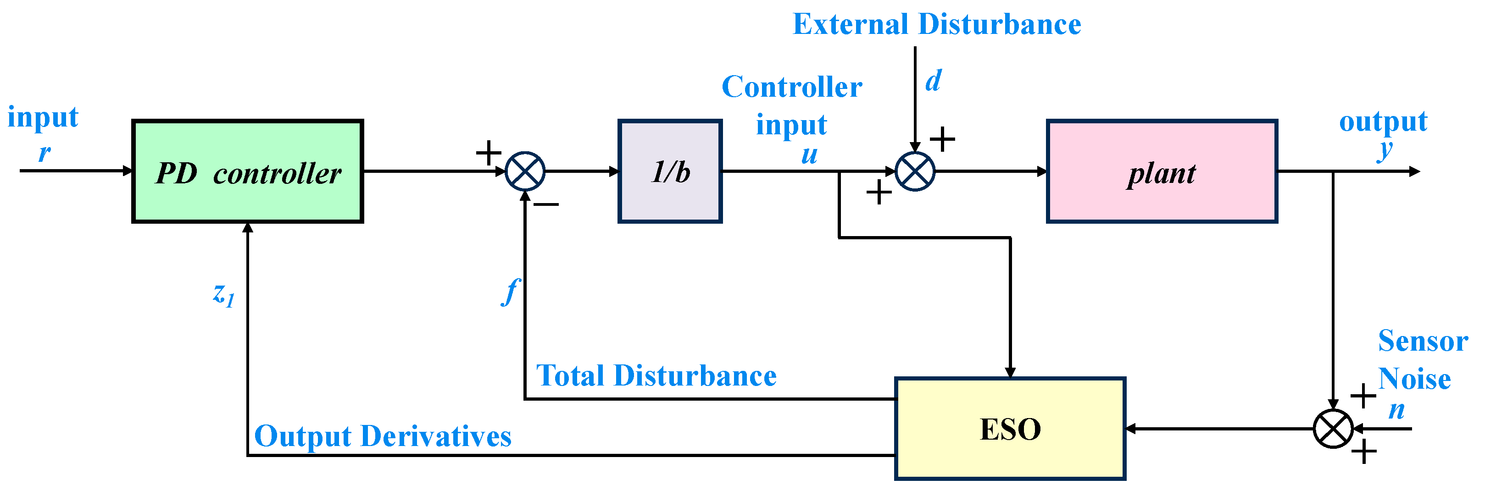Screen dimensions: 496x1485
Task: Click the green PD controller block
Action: (247, 171)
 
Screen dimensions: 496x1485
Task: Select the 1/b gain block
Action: (670, 171)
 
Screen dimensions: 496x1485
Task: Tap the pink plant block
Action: (1162, 171)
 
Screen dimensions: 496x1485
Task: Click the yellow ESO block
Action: (1010, 429)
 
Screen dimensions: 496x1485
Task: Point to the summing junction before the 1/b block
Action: (525, 171)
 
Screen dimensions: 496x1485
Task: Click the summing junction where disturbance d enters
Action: (915, 171)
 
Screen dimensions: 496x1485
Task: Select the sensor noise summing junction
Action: (1333, 429)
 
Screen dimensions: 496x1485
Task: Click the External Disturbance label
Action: (937, 24)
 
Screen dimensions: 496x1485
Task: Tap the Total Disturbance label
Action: (656, 375)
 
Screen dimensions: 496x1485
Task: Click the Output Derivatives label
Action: (383, 436)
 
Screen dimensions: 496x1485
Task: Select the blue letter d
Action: (933, 80)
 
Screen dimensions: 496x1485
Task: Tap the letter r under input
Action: (44, 153)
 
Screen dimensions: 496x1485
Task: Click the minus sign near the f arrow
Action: (546, 204)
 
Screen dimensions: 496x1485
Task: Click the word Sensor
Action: (1423, 341)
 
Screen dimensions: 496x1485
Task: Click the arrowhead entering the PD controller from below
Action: (247, 227)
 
